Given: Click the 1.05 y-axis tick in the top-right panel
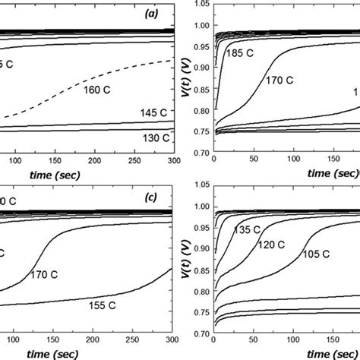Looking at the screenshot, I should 199,5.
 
